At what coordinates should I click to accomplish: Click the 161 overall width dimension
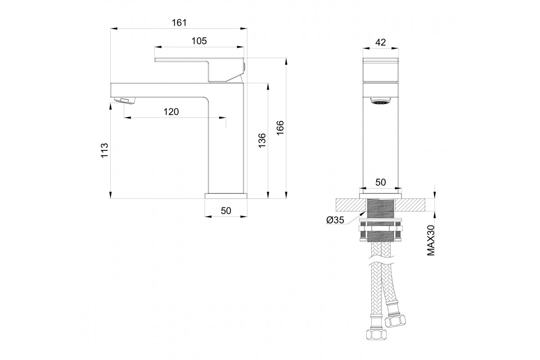tap(179, 22)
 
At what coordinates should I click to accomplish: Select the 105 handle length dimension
tap(199, 41)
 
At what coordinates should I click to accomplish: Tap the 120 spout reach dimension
tap(171, 112)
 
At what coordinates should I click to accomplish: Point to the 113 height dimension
tap(104, 150)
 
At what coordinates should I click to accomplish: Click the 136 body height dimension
tap(262, 140)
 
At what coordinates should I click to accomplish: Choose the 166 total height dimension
tap(280, 128)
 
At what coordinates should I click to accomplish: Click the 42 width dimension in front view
tap(380, 42)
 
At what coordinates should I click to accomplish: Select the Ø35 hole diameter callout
tap(335, 220)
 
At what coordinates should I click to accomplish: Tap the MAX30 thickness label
tap(431, 240)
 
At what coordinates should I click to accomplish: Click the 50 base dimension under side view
tap(226, 211)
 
